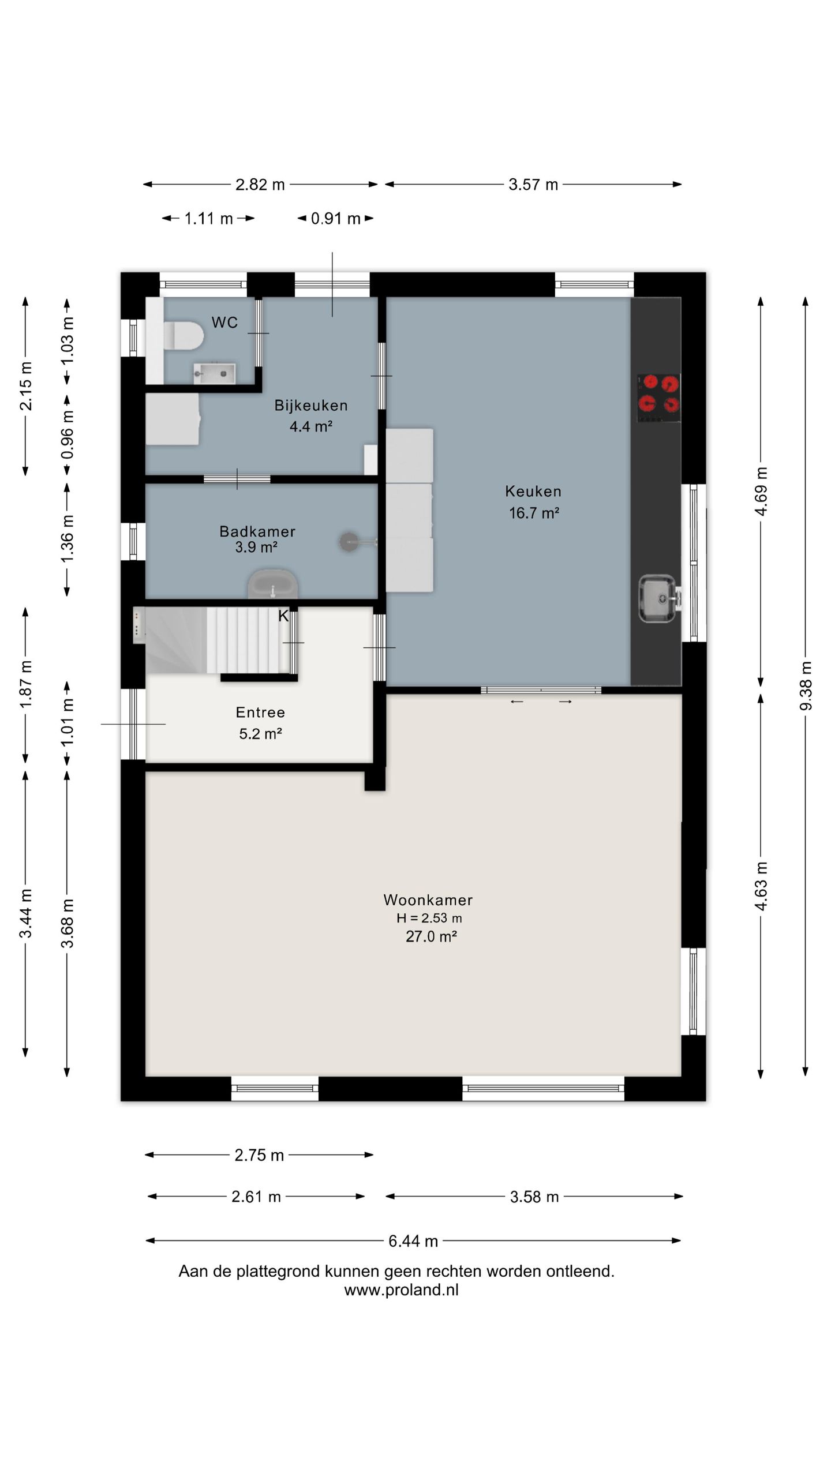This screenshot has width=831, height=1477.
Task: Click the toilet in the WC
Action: [184, 336]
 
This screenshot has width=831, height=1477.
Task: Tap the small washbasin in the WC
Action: [214, 373]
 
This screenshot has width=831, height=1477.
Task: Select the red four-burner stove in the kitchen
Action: [658, 398]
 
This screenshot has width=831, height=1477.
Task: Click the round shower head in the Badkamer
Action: [349, 542]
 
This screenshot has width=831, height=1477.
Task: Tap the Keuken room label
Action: [533, 491]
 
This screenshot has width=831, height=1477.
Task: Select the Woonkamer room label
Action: [428, 899]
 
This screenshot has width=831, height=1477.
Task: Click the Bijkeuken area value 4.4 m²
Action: [311, 426]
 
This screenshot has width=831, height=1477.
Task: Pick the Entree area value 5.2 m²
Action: [260, 733]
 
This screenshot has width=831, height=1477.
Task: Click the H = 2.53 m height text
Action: [429, 918]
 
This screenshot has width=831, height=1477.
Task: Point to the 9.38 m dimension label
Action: [806, 686]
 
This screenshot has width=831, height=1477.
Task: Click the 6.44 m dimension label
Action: [413, 1241]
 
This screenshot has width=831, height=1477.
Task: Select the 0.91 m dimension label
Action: [336, 219]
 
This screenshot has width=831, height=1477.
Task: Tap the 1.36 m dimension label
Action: [67, 538]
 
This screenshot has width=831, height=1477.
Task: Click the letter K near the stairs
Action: [283, 616]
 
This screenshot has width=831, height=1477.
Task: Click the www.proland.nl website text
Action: [402, 1290]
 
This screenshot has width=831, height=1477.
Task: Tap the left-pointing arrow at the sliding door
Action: [516, 702]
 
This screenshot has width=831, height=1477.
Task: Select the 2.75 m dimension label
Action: [259, 1155]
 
